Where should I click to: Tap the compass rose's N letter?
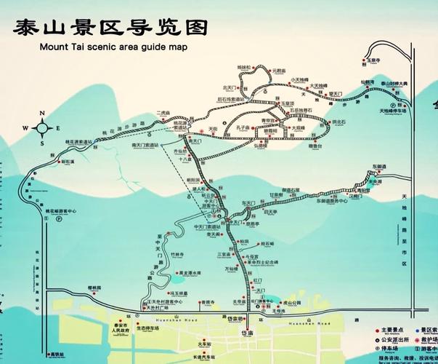pos(42,113)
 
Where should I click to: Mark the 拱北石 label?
pos(338,122)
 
